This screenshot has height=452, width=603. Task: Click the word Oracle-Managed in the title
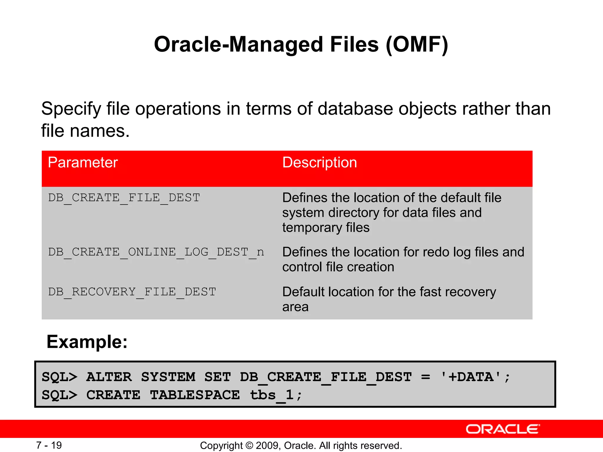click(x=239, y=44)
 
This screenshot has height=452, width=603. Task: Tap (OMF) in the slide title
click(x=417, y=44)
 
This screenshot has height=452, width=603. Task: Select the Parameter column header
click(x=83, y=162)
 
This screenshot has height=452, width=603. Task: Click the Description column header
click(x=319, y=162)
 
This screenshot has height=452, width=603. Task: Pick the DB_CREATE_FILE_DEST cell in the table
click(x=124, y=198)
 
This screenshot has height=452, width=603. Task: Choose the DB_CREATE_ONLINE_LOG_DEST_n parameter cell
click(x=156, y=252)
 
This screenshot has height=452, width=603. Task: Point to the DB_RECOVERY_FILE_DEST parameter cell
click(x=132, y=292)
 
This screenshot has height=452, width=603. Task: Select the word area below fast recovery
click(x=295, y=307)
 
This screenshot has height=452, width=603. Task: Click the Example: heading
click(x=87, y=342)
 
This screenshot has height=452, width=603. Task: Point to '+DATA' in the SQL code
click(x=471, y=377)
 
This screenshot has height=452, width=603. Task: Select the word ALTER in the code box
click(x=109, y=377)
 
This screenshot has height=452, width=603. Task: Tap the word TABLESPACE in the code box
click(x=195, y=395)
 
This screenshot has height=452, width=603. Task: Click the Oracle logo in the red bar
click(x=503, y=429)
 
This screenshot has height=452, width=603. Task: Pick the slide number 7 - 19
click(x=49, y=445)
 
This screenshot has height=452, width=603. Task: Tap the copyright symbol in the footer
click(x=249, y=446)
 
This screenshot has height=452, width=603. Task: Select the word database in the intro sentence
click(x=355, y=109)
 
